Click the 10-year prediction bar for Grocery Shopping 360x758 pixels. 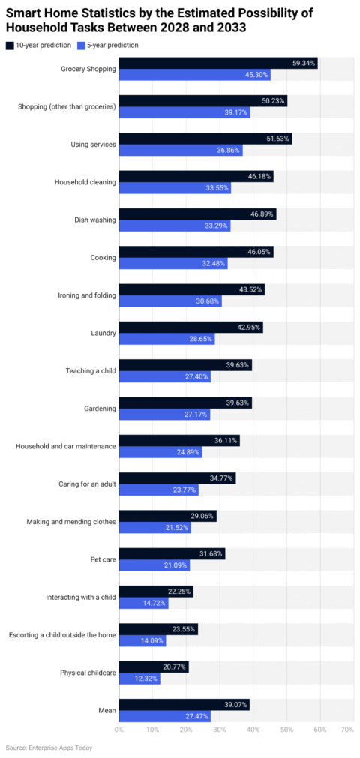(217, 63)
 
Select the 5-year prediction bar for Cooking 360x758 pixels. (172, 264)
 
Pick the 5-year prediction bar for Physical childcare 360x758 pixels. (139, 679)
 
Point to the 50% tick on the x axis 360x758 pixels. (286, 729)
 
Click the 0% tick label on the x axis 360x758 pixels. (119, 729)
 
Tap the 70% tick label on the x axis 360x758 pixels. (347, 729)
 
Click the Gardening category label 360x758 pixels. (100, 409)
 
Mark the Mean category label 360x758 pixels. (107, 711)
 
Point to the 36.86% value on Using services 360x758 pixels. (229, 151)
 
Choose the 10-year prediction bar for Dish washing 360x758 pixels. (197, 214)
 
